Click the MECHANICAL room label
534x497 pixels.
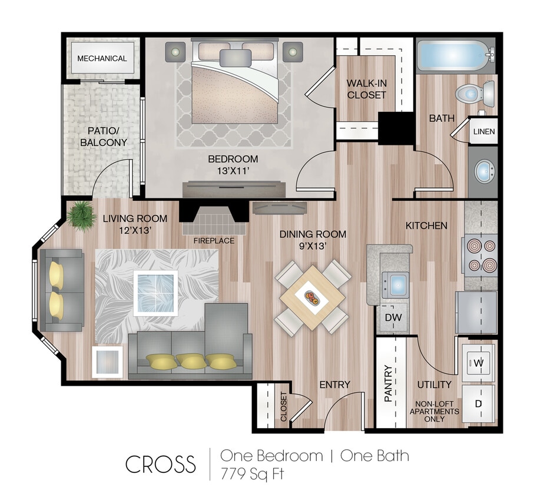(x=102, y=58)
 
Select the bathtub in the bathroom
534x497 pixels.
(x=452, y=55)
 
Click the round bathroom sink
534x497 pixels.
(x=485, y=171)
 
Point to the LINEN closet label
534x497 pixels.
(x=484, y=132)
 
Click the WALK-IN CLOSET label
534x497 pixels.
(x=366, y=89)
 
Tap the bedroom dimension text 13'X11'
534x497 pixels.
(x=233, y=171)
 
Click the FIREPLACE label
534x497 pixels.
(x=213, y=240)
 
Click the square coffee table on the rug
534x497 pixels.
(x=155, y=292)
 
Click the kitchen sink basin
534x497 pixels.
(x=399, y=284)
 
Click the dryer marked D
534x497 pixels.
(x=479, y=403)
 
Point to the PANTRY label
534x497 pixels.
(x=389, y=383)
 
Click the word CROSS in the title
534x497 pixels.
(x=160, y=464)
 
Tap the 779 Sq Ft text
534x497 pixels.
(x=252, y=473)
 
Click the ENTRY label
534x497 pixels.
(x=334, y=385)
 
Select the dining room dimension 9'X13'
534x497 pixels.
(x=313, y=247)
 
